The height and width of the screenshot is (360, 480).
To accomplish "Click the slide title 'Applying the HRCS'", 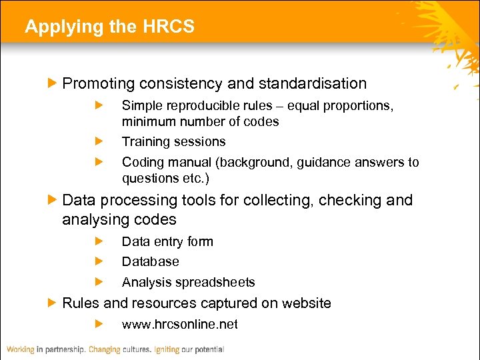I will [109, 27].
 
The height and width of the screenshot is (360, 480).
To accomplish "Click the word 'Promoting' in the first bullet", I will [94, 84].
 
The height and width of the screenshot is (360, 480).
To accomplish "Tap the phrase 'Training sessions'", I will [173, 142].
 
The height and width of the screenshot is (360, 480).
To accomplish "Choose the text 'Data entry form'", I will [167, 242].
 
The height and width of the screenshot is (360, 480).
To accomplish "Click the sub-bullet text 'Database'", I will [150, 262].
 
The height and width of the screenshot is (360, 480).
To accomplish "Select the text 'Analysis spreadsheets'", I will [188, 283].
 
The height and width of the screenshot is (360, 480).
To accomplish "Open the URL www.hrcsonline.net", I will [179, 325].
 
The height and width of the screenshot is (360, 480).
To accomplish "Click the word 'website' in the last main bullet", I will [305, 303].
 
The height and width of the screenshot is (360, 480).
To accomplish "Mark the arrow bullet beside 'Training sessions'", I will [99, 142].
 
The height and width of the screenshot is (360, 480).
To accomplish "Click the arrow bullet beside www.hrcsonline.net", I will [99, 325].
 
